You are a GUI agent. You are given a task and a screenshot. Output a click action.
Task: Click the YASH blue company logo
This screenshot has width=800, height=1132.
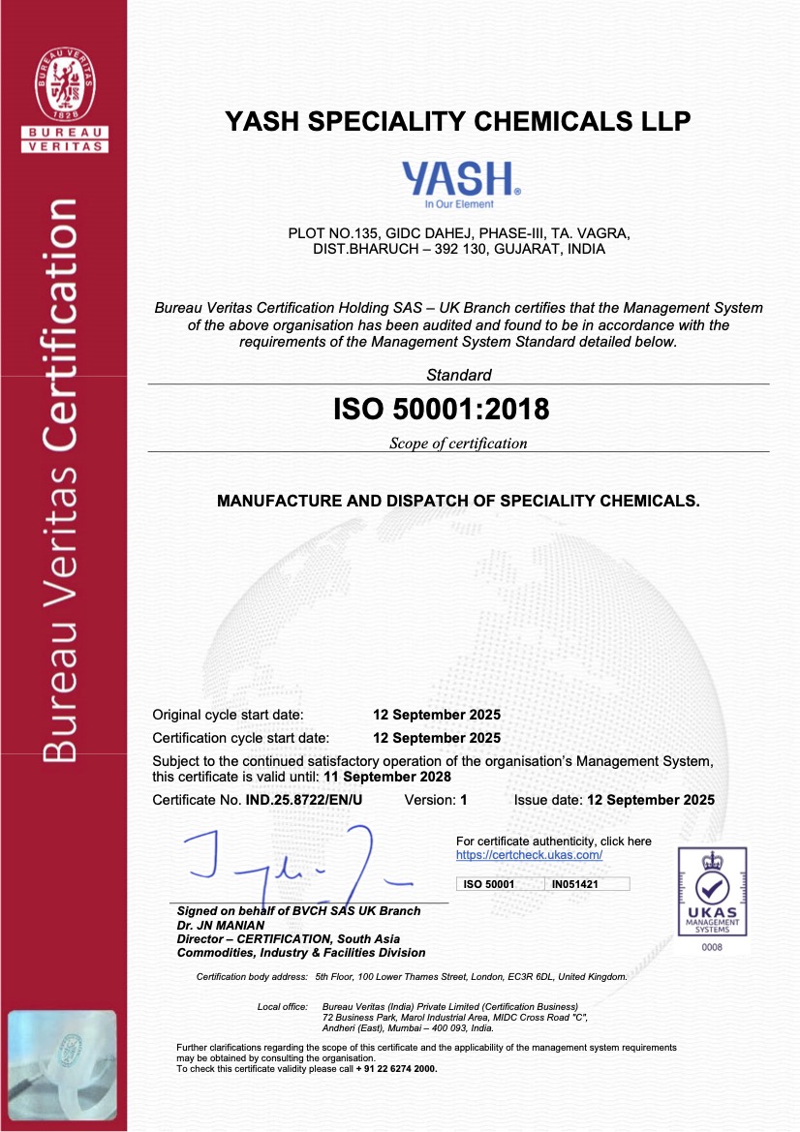tap(461, 181)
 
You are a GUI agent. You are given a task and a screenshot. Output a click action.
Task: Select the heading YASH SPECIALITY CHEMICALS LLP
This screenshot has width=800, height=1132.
tap(458, 121)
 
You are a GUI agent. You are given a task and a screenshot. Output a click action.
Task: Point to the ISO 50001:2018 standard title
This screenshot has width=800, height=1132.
tap(441, 410)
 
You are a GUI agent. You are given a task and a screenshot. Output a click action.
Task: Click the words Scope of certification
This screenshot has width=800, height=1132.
tap(458, 444)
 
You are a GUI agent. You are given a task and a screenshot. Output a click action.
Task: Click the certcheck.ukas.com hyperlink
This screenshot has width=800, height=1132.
tap(529, 855)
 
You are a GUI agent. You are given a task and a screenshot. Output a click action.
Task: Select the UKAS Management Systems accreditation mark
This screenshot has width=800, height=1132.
tap(712, 891)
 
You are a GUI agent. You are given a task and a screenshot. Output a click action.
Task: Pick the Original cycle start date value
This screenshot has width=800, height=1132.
tap(437, 715)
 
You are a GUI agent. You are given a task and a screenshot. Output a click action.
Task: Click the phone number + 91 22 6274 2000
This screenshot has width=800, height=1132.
tap(396, 1069)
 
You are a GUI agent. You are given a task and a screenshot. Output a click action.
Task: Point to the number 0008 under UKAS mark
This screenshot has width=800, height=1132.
tap(712, 947)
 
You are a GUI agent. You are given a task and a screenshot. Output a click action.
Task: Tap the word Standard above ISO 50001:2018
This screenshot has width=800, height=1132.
tap(459, 375)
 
